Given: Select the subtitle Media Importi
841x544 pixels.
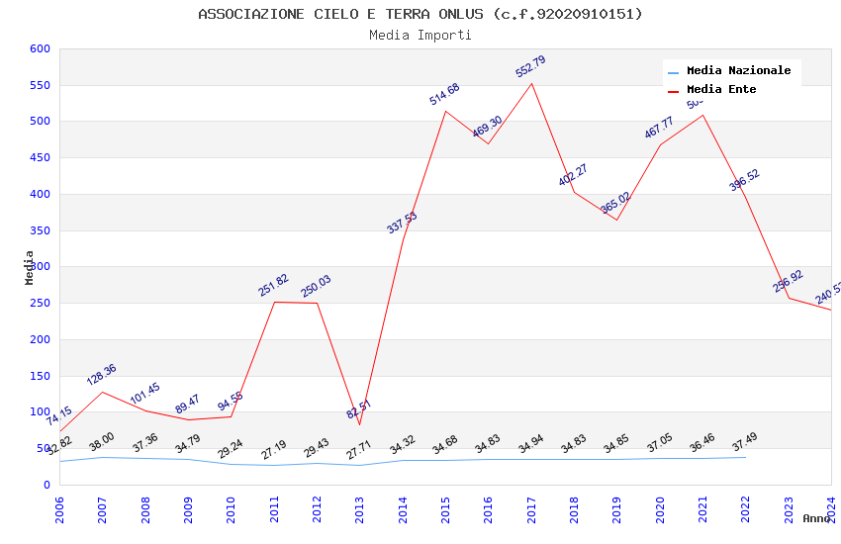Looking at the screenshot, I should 420,35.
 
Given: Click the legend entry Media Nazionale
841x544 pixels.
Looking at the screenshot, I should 738,71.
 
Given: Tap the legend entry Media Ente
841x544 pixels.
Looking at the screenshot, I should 720,90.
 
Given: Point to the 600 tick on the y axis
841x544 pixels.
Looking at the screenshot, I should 40,48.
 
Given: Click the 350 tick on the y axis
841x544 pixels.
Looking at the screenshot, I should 40,230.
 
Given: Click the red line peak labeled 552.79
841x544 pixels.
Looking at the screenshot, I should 531,83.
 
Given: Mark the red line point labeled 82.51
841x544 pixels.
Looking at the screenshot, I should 359,424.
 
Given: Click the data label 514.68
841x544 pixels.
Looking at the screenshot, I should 444,94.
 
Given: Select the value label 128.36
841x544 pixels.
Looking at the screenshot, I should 101,374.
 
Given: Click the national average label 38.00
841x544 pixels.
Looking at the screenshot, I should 101,441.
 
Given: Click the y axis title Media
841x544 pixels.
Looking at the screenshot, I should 30,267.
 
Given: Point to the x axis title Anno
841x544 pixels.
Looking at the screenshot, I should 816,518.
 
